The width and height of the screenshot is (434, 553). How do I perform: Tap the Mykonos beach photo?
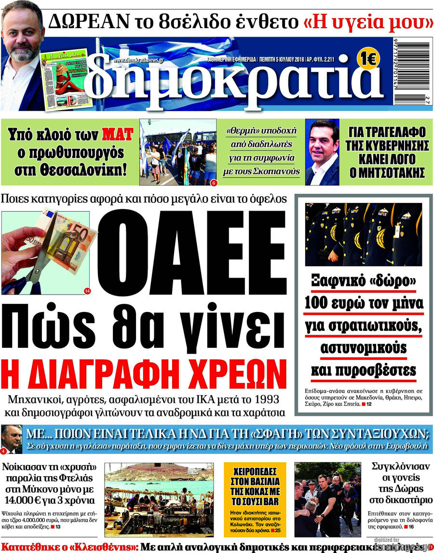pos(159,498)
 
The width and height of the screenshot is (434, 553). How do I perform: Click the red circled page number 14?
pos(87,290)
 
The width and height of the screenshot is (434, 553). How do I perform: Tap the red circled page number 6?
pos(213,183)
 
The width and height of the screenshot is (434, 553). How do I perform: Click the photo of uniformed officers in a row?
pos(364,235)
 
